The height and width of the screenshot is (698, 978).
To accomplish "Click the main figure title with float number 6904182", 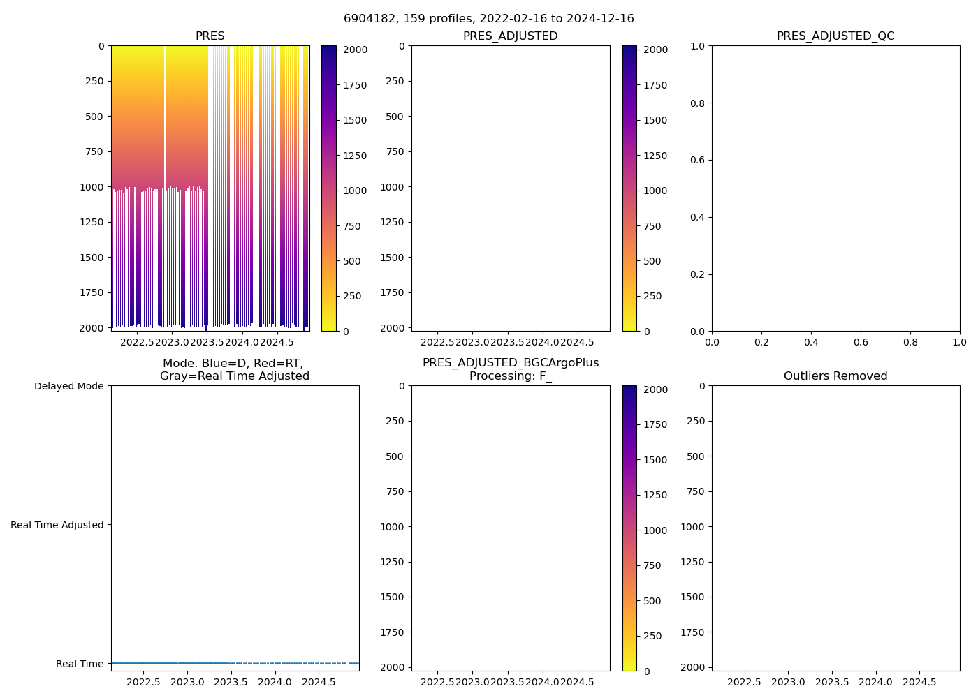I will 488,19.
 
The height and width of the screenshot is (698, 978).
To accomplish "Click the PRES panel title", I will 210,36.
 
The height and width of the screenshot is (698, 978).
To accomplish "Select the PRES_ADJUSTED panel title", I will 510,36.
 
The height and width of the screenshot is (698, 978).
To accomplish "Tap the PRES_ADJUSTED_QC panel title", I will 835,36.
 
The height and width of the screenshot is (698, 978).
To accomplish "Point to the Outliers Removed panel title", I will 835,376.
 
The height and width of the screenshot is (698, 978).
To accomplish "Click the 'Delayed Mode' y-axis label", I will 68,386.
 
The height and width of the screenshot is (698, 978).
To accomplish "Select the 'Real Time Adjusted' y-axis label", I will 57,525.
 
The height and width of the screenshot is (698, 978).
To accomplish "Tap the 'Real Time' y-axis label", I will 80,664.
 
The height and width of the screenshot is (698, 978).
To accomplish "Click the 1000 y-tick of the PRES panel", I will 92,187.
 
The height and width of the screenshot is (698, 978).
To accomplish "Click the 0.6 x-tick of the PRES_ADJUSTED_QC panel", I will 861,342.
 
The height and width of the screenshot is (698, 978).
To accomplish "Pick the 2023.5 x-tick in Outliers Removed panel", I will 832,682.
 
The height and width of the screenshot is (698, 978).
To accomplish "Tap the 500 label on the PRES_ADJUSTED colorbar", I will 652,261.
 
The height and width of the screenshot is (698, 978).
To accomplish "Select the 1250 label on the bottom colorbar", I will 655,495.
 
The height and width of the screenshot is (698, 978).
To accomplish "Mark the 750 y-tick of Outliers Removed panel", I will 696,491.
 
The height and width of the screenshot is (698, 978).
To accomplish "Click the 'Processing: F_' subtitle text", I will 510,376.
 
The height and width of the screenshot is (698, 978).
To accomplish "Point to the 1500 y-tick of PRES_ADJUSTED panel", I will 392,258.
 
